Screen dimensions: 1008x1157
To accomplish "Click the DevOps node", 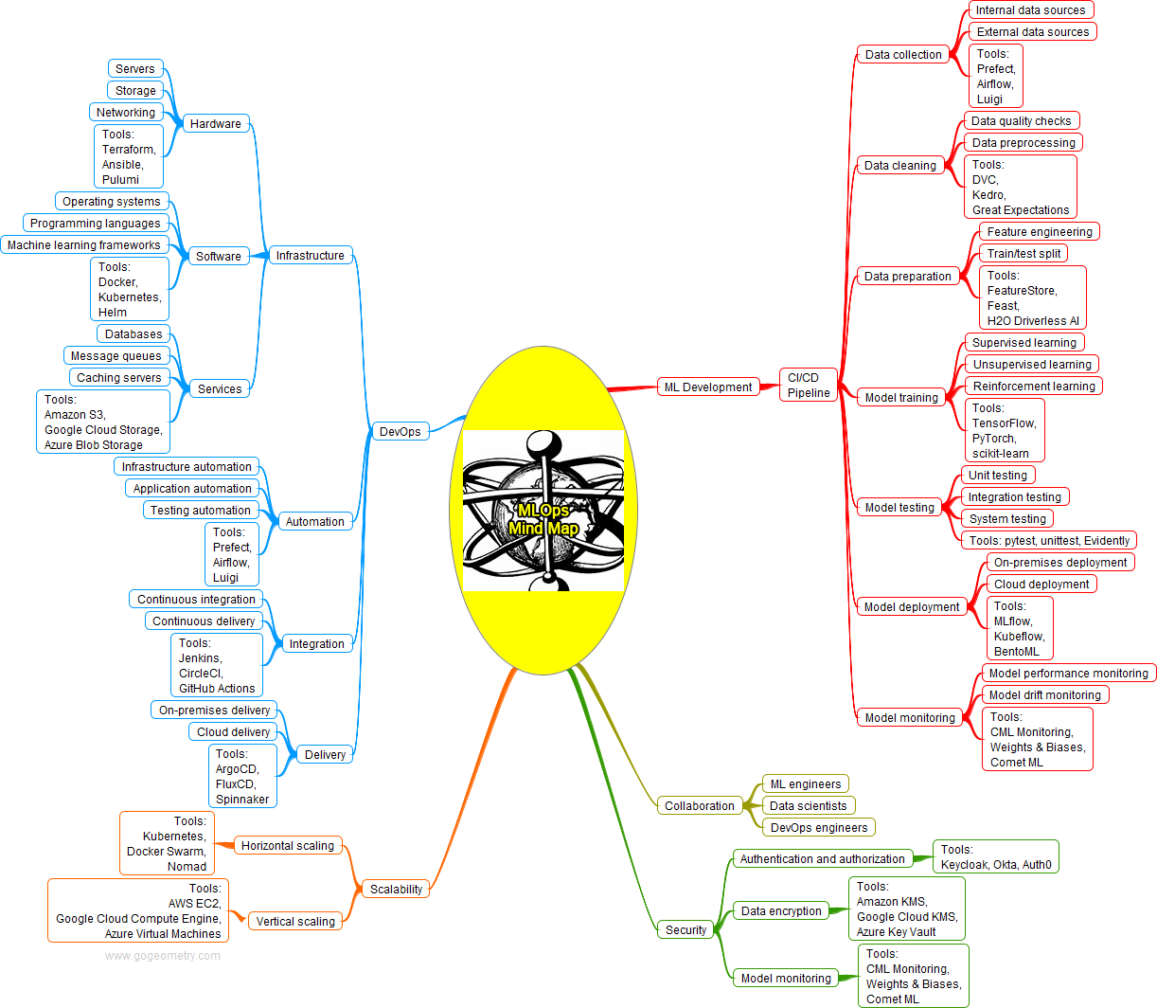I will [x=400, y=432].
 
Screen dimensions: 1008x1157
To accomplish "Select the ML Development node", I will [x=708, y=387].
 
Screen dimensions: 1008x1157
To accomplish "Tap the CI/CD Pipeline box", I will [x=809, y=386].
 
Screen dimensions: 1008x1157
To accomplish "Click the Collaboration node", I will [x=699, y=806].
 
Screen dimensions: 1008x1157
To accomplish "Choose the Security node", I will [x=685, y=930].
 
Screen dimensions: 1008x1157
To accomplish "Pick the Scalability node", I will [x=396, y=890].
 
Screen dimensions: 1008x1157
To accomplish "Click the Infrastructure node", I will [x=310, y=256].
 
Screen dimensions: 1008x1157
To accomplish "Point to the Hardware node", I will [x=215, y=124].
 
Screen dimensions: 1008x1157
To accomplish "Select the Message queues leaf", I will [x=116, y=356].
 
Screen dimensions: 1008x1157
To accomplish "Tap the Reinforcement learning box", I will [x=1034, y=387].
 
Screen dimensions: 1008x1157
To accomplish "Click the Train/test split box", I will [x=1023, y=254].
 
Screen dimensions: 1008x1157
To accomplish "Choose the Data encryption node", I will [x=781, y=911].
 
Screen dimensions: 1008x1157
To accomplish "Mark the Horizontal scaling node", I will [x=287, y=846].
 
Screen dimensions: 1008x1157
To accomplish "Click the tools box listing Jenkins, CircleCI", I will [x=217, y=666].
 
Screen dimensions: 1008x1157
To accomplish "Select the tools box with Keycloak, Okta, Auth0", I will [x=996, y=857].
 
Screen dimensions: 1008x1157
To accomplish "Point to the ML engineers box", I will [x=805, y=784].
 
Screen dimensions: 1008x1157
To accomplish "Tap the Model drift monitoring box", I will [x=1044, y=695].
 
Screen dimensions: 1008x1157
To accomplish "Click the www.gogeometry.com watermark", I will [x=163, y=956].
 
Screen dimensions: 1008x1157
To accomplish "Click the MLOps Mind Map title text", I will [x=543, y=519].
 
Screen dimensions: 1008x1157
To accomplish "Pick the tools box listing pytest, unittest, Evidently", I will [x=1049, y=541].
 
